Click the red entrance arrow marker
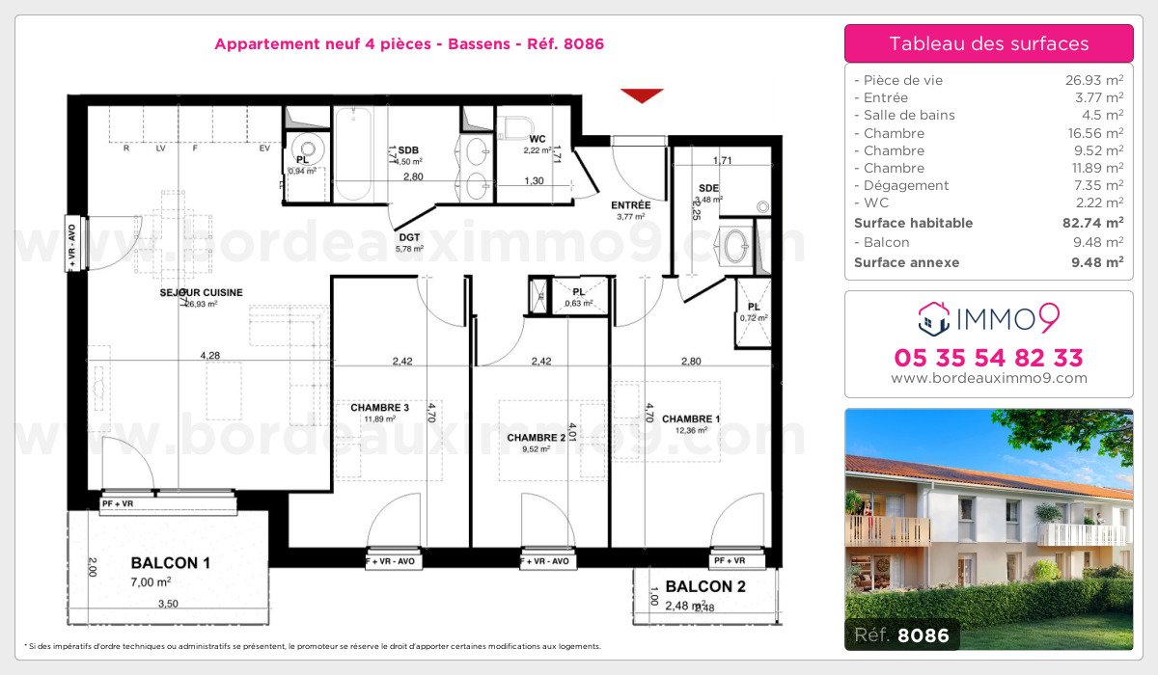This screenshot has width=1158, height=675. coord(642,94)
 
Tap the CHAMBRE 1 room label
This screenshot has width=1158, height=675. coord(691,418)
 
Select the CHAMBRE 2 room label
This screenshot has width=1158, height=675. coord(536,437)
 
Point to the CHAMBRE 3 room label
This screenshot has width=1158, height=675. coord(379,408)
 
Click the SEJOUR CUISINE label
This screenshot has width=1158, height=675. coord(201,292)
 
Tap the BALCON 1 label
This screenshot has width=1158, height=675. coord(170,563)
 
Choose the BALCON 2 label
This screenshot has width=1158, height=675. coord(705,585)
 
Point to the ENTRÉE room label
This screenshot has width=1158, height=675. coord(631,204)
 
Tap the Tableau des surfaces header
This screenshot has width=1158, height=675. coord(988,43)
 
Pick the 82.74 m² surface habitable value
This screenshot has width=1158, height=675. coord(1092,223)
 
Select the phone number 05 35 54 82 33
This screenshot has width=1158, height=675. coord(988,357)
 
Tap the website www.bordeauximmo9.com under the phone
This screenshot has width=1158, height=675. coord(988,378)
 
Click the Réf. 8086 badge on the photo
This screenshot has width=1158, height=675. coord(901,634)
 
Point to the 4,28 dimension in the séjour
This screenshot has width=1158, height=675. coord(209,356)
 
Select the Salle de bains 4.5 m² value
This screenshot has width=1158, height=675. coord(1101,116)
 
